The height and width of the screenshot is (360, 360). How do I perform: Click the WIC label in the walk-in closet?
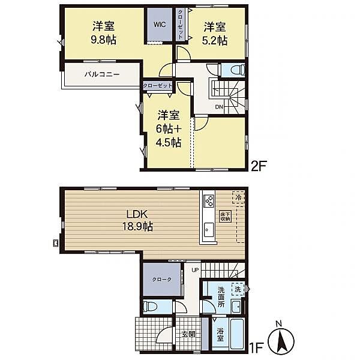(160, 25)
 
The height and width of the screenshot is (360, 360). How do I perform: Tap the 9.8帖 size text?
(104, 40)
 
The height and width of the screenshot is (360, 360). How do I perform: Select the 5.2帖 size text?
(215, 41)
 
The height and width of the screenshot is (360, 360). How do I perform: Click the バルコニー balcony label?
(102, 74)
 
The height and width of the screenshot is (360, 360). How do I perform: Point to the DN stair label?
(219, 107)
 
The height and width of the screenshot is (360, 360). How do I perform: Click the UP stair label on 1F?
(195, 270)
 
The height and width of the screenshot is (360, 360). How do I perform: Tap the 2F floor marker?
(259, 166)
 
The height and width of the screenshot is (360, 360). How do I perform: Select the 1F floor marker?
(256, 348)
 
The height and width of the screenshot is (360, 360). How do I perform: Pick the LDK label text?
(137, 214)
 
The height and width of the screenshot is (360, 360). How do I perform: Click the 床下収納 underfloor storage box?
(225, 216)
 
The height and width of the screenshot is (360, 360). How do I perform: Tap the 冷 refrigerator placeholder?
(239, 197)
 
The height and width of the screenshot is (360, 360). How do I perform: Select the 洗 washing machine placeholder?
(238, 289)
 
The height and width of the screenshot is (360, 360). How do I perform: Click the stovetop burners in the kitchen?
(209, 200)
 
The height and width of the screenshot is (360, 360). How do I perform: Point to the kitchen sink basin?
(208, 230)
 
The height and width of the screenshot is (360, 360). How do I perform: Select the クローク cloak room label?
(162, 280)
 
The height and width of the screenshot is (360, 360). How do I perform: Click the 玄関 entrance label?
(188, 334)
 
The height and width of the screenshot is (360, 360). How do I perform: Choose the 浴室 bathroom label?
(220, 335)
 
